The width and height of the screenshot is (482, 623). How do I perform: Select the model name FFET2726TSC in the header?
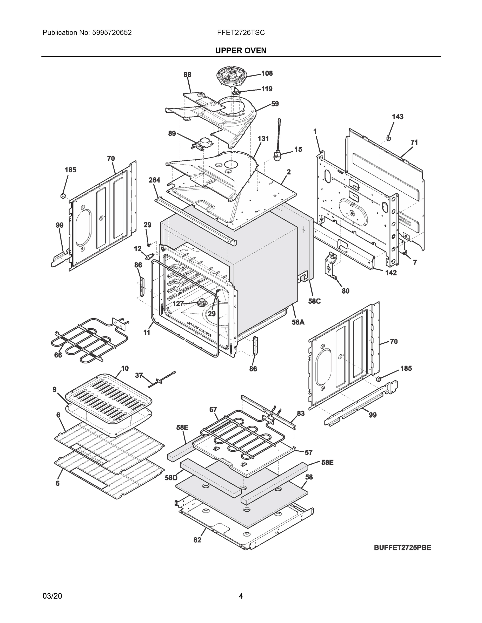point(241,33)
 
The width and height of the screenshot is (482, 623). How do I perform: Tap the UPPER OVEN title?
point(241,51)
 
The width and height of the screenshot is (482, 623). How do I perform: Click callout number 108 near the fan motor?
point(267,73)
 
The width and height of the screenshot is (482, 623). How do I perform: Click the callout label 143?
point(398,117)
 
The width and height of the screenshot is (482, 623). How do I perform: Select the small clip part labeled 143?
point(388,138)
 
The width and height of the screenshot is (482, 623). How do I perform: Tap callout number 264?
point(154,180)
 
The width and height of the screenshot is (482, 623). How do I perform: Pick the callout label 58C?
point(314,301)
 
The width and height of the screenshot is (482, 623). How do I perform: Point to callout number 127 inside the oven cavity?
point(178,303)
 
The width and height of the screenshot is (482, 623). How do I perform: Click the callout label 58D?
point(171,478)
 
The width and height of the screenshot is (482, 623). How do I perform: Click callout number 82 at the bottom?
point(197,540)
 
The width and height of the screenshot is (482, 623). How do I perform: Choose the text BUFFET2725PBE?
point(402,547)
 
